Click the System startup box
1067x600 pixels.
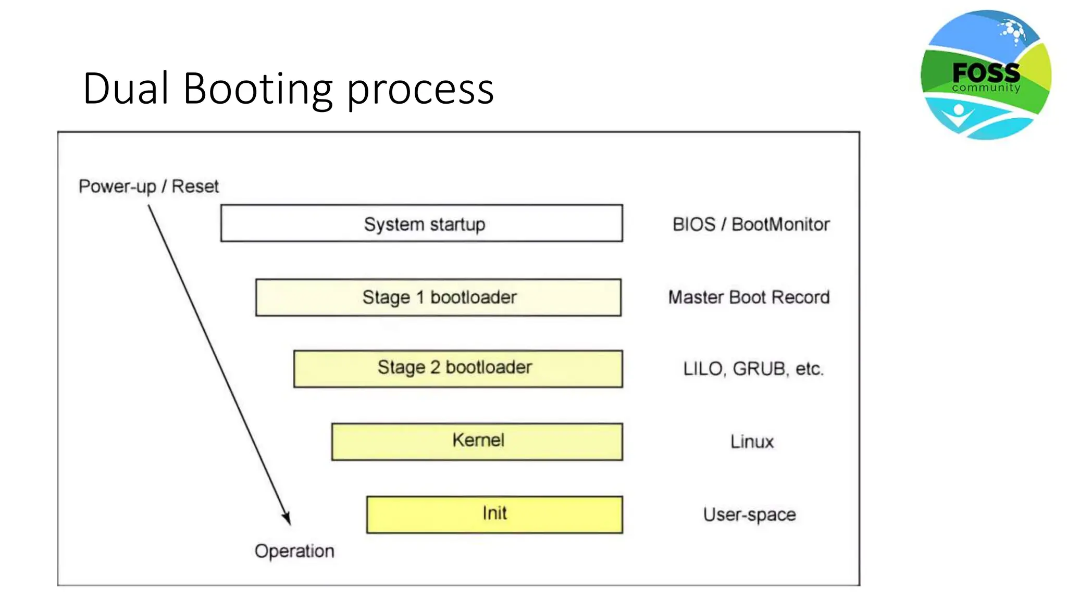[x=421, y=223]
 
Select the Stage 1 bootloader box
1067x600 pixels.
[x=438, y=297]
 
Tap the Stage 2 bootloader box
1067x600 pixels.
[x=457, y=368]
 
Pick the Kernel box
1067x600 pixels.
[x=477, y=441]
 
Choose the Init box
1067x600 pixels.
[x=494, y=514]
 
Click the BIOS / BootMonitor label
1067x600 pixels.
[x=751, y=224]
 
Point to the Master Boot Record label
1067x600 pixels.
[x=749, y=297]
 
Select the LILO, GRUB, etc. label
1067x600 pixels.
[x=753, y=369]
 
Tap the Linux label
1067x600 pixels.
[x=752, y=442]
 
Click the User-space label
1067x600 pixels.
[x=749, y=515]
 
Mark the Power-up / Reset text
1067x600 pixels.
[x=148, y=186]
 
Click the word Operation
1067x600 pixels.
[x=294, y=551]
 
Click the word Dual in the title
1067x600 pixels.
[x=126, y=89]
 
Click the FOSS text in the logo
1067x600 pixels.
[x=986, y=72]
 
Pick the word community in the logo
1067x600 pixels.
[x=986, y=88]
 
